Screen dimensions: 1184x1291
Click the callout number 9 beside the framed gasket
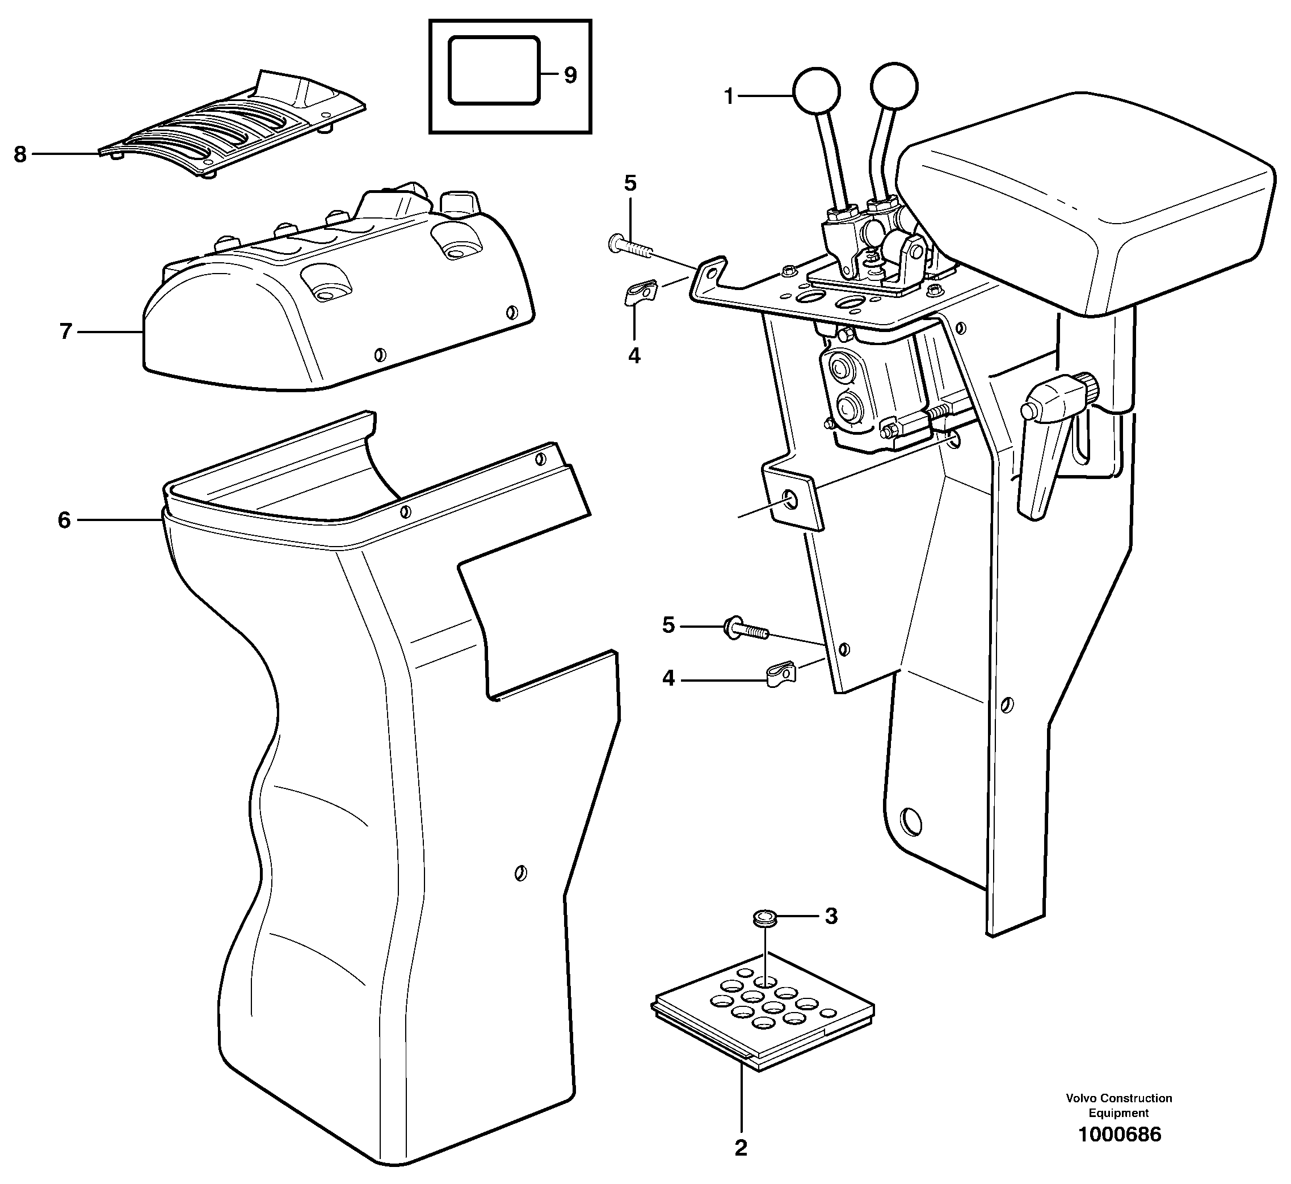[570, 75]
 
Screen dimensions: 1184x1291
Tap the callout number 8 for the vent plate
[20, 154]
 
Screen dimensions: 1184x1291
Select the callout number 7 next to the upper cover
[65, 332]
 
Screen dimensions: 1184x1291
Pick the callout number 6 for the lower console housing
[64, 520]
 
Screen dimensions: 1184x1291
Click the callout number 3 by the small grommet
[830, 917]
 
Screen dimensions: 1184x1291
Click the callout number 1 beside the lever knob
[729, 96]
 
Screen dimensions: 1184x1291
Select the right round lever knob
[894, 86]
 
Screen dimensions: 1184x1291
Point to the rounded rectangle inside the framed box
[494, 70]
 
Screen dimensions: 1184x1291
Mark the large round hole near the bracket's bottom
[910, 820]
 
